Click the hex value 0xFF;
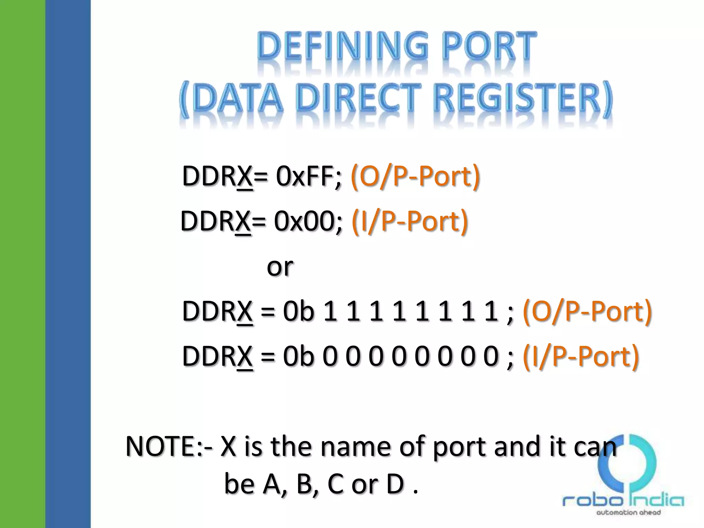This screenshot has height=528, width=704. coord(309,176)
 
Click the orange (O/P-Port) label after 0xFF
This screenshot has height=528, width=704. coord(415,176)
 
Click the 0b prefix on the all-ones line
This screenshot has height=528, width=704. coord(298,311)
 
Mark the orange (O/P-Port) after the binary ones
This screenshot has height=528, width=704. coord(587,311)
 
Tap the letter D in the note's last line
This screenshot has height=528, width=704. coord(395,484)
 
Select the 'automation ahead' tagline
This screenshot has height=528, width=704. coord(628,513)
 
